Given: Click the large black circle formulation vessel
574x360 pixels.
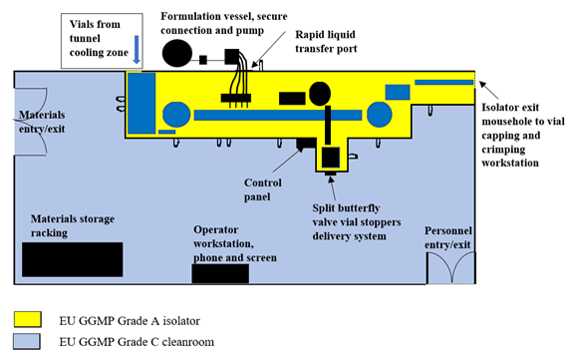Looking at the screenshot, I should [178, 52].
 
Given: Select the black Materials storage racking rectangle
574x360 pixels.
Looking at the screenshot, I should [72, 259].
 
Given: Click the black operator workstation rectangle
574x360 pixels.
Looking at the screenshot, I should [220, 273].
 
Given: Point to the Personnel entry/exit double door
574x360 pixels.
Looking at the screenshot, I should [448, 266].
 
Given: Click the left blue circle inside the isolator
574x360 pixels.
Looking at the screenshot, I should [176, 114].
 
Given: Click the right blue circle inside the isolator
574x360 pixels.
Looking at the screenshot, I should [387, 114].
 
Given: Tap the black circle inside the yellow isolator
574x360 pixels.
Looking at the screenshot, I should [321, 94].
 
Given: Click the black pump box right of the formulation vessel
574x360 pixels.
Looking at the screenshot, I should [232, 57].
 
